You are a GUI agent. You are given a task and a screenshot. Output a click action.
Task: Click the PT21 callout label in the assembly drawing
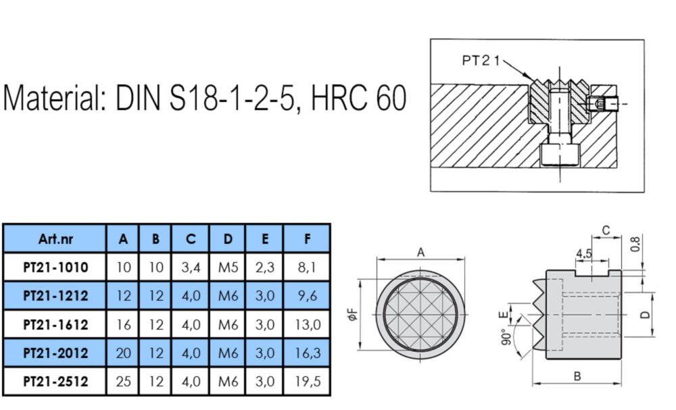(480, 60)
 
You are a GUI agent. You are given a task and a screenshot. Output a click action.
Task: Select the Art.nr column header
(55, 238)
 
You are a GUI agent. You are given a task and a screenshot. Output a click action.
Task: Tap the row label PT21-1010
(55, 267)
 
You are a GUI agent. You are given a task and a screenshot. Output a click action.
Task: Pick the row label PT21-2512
(55, 382)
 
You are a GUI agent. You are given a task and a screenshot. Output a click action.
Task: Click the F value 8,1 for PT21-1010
(307, 267)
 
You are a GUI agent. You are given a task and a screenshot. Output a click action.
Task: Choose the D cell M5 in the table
(228, 267)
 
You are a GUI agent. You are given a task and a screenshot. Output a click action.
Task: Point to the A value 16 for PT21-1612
(123, 324)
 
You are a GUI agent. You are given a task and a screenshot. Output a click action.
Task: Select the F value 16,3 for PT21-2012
(307, 353)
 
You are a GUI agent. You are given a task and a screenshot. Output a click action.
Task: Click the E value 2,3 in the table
(265, 267)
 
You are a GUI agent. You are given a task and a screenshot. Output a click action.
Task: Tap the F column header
(307, 238)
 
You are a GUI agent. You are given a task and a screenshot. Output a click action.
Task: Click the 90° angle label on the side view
(506, 337)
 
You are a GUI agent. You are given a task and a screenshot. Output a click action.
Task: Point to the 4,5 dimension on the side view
(584, 254)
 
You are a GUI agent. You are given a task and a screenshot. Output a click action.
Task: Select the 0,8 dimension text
(635, 245)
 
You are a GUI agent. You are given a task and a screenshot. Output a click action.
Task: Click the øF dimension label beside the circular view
(352, 314)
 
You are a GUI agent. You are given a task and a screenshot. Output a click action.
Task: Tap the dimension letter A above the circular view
(420, 253)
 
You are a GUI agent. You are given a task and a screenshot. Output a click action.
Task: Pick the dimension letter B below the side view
(577, 376)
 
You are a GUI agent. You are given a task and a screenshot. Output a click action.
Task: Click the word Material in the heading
(55, 98)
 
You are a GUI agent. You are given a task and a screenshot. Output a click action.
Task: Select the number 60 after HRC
(391, 98)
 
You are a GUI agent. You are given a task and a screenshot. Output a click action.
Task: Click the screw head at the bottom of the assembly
(559, 155)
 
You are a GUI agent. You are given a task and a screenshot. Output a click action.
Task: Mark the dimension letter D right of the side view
(645, 315)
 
